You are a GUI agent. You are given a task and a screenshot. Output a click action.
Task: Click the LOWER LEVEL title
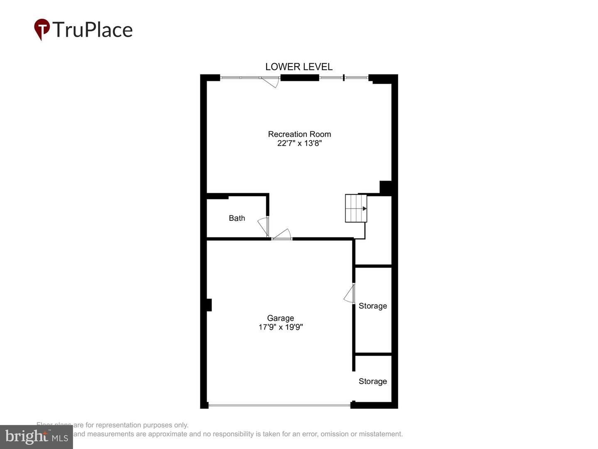point(299,67)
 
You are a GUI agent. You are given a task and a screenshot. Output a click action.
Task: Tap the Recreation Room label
point(299,134)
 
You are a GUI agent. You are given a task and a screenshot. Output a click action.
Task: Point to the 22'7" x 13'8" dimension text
point(299,143)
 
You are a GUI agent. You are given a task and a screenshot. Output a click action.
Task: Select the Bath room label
point(237,218)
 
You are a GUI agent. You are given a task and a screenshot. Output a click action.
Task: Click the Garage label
point(280,318)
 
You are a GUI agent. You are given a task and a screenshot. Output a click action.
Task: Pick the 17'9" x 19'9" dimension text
point(280,327)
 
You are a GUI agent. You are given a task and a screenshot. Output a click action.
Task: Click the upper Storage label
point(373,306)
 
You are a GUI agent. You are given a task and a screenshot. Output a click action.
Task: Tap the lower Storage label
point(373,381)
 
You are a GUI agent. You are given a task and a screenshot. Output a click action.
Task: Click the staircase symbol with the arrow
point(356,208)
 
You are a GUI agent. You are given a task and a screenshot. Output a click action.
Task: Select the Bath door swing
point(263,227)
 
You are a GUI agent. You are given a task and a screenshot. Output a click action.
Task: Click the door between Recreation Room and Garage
point(282,235)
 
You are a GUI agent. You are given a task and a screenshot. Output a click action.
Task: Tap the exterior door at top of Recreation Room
point(270,81)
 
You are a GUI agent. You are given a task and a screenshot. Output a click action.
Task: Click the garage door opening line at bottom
point(279,405)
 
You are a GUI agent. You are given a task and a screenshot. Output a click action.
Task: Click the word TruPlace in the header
point(92,30)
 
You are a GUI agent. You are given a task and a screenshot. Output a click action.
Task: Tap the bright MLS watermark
point(36,437)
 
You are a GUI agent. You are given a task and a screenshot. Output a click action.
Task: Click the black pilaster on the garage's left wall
point(209,305)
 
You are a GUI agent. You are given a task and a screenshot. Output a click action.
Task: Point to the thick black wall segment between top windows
point(299,77)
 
